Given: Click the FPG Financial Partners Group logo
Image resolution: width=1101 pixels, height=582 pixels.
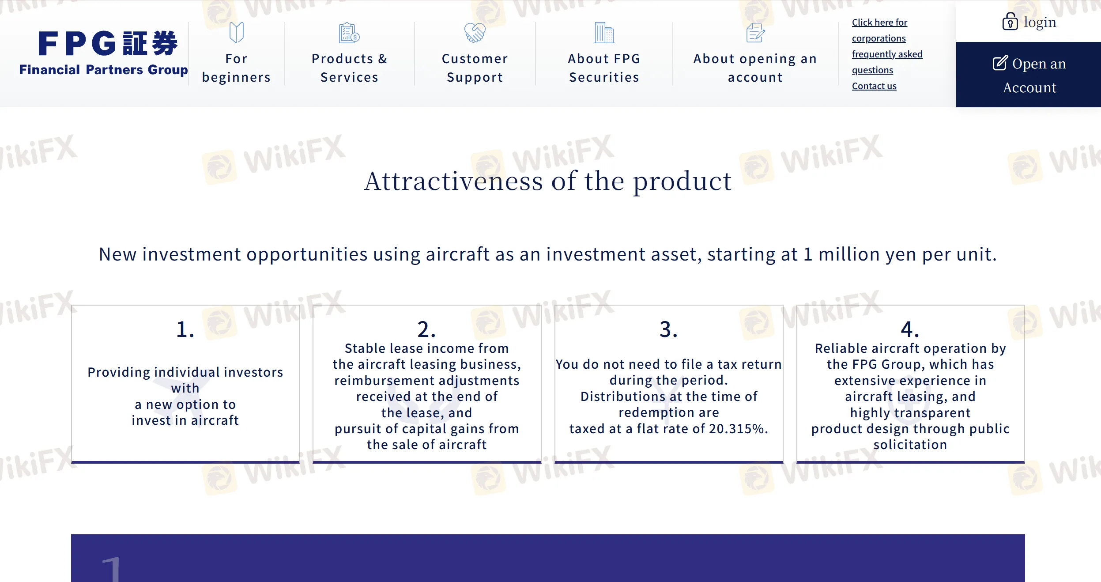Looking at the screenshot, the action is pyautogui.click(x=103, y=53).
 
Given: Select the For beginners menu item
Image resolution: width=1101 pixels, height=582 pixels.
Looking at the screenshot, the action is pyautogui.click(x=236, y=68).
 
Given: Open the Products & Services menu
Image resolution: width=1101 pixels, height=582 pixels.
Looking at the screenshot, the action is pyautogui.click(x=349, y=68).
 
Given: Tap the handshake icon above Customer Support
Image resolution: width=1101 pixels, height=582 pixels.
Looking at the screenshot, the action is pyautogui.click(x=475, y=33).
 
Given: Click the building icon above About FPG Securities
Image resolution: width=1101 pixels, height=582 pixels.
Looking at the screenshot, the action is pyautogui.click(x=604, y=33).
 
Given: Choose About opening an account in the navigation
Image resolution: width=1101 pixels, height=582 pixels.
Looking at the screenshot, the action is pyautogui.click(x=755, y=68).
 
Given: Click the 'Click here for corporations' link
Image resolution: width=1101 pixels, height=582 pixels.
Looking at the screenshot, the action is pyautogui.click(x=879, y=30).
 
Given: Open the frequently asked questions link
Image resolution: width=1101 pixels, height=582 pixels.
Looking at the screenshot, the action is pyautogui.click(x=887, y=62).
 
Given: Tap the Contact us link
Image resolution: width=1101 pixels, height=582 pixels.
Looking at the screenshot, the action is pyautogui.click(x=874, y=86).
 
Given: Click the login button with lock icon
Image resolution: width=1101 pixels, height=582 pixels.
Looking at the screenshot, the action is pyautogui.click(x=1029, y=22).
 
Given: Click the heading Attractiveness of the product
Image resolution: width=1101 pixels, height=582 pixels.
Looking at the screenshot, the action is pyautogui.click(x=548, y=181).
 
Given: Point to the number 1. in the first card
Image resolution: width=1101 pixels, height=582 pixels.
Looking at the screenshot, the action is pyautogui.click(x=185, y=329).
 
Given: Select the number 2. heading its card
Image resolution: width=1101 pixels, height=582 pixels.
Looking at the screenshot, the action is pyautogui.click(x=427, y=329).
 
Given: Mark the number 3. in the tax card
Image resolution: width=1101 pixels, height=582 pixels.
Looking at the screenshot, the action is pyautogui.click(x=669, y=329).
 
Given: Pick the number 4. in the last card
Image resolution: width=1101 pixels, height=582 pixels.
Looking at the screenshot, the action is pyautogui.click(x=910, y=329).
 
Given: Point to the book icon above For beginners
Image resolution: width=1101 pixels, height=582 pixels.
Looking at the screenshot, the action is pyautogui.click(x=236, y=33).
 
